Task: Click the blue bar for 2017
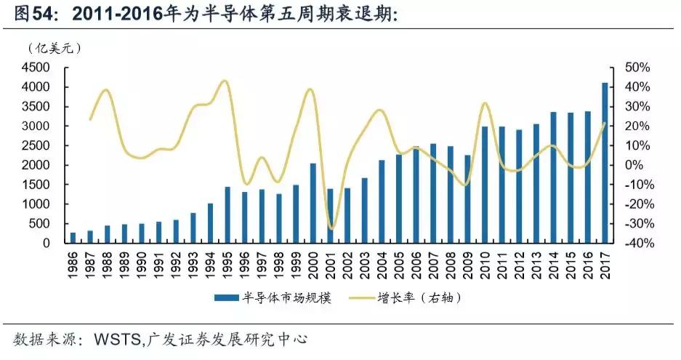click(605, 164)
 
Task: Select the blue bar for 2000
click(313, 204)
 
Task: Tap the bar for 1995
click(227, 215)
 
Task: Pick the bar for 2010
click(484, 185)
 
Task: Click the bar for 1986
click(73, 238)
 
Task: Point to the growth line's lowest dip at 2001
click(331, 228)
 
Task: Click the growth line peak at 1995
click(225, 81)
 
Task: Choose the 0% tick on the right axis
click(636, 165)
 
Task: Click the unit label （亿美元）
click(55, 49)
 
